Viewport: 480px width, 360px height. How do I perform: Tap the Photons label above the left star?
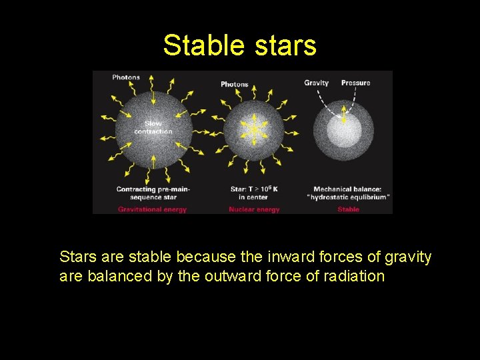[126, 77]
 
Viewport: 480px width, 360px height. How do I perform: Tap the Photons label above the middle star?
[235, 84]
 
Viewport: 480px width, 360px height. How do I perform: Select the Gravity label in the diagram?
[317, 83]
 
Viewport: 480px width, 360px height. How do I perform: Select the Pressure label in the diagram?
[355, 83]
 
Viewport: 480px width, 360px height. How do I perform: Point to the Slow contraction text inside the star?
[153, 127]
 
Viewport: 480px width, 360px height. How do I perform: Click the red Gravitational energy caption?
[153, 209]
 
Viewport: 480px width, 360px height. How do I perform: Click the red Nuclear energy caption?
[254, 209]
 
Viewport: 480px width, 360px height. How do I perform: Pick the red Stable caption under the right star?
[348, 209]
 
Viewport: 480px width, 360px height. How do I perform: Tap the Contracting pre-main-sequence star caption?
[153, 193]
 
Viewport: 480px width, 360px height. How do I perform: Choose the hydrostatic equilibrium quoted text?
[349, 197]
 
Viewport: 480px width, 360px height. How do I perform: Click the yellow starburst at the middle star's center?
[253, 129]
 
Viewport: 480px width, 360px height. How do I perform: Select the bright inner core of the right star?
[344, 131]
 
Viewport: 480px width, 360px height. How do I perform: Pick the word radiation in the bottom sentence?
[354, 276]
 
